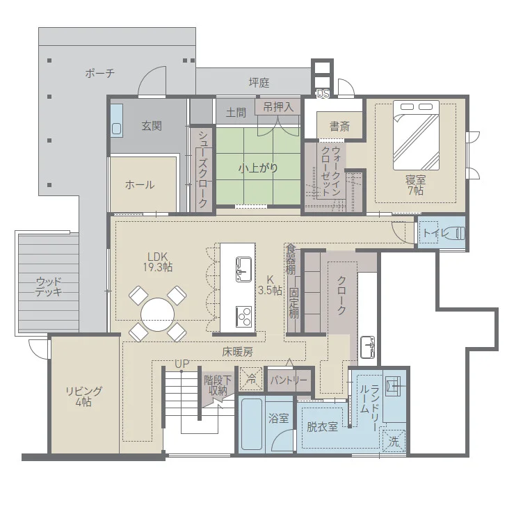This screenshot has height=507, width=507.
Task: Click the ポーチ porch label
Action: pos(100,74)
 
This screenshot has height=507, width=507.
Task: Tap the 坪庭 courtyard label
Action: pos(259,83)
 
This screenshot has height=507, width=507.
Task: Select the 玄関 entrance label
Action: pos(152,126)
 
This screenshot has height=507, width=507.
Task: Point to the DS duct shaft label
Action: pos(323,94)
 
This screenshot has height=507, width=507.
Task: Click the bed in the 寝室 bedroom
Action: pos(416,135)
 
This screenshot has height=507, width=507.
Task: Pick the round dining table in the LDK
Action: pos(157,314)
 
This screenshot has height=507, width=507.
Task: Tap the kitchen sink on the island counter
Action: pos(244,269)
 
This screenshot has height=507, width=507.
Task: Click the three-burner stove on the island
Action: pos(244,316)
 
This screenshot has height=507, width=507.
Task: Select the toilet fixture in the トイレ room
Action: pos(456,233)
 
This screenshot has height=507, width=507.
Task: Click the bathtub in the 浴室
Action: pos(252,424)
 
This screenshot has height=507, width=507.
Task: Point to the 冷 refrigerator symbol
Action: pos(251,379)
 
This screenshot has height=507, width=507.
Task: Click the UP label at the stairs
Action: pos(182,364)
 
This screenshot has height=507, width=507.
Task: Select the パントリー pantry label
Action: pos(289,380)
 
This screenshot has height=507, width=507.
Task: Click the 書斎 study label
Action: pos(339,126)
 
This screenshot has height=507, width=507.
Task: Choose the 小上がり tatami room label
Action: pos(258,168)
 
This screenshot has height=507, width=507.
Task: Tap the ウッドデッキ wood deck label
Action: pos(49,287)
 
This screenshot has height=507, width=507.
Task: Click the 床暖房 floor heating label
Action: pos(237,352)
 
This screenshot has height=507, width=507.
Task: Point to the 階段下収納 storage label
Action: pos(218,385)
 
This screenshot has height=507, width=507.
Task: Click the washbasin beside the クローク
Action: pos(367,347)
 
